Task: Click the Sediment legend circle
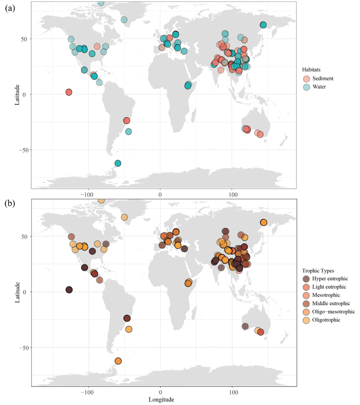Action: coord(306,78)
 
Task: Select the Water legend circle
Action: coord(306,87)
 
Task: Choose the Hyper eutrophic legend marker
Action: coord(306,279)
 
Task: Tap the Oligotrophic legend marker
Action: coord(306,320)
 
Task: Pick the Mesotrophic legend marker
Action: coord(306,295)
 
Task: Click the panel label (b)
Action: coord(10,204)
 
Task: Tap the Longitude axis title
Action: coord(161,399)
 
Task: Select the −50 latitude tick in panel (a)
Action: coord(24,150)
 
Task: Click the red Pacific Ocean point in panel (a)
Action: coord(69,92)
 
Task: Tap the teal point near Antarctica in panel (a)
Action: coord(118,163)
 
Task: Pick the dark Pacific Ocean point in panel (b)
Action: coord(69,290)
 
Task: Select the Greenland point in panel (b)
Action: coord(124,217)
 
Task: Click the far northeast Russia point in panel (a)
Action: coord(263,25)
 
